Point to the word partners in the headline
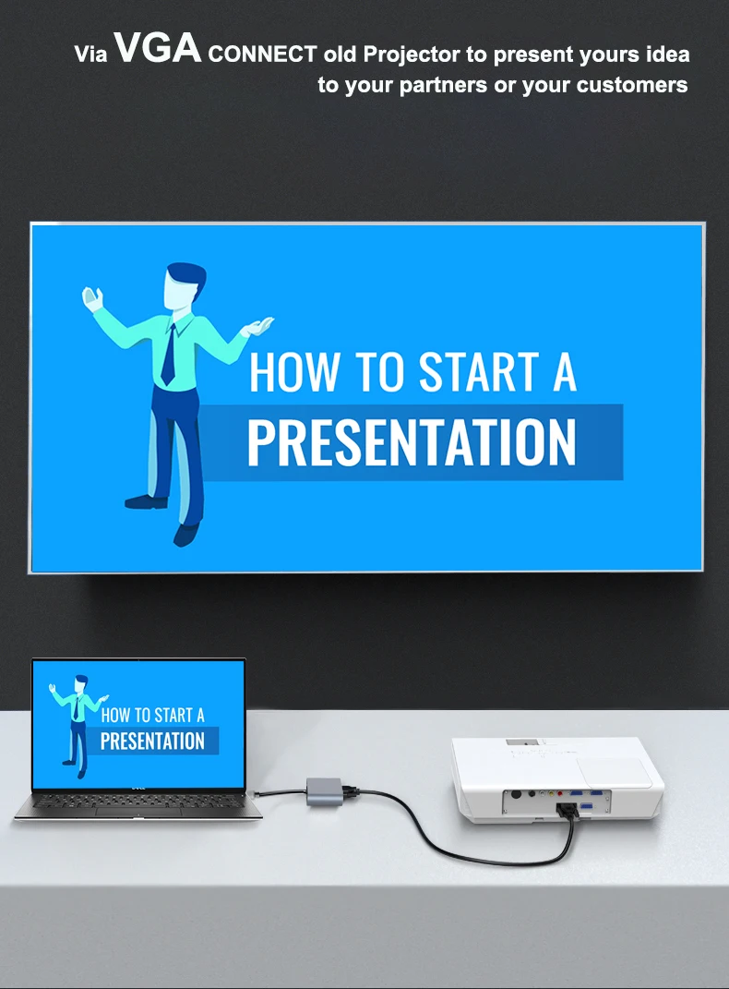point(443,86)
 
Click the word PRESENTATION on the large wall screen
point(412,441)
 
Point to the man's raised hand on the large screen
point(92,298)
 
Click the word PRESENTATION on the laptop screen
point(152,742)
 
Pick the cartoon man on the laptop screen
point(78,725)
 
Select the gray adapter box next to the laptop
point(325,791)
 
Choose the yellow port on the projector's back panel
point(551,795)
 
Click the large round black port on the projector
point(516,795)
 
